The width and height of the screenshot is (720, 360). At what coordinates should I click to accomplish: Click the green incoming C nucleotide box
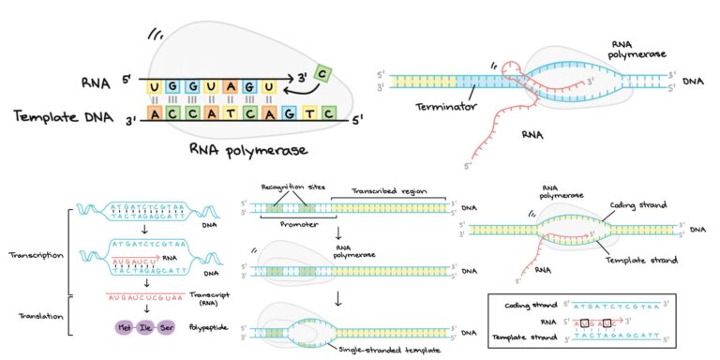322,72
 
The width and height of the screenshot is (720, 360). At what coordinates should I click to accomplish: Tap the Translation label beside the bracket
37,316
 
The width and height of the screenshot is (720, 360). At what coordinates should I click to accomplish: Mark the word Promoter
293,225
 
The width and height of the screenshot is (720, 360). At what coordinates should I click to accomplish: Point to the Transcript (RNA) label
210,299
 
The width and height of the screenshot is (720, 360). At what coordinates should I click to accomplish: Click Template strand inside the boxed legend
521,335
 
